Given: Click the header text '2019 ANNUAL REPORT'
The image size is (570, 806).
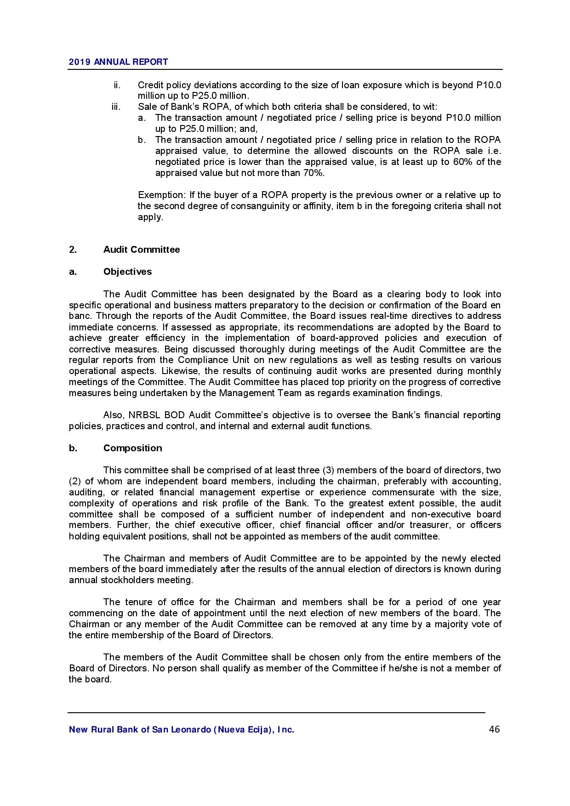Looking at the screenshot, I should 118,62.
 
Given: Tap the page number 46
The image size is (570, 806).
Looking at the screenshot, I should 494,729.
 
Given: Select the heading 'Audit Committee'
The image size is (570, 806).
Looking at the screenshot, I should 142,250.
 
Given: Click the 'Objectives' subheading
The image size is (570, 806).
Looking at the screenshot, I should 127,272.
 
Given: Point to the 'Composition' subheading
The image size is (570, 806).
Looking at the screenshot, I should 132,448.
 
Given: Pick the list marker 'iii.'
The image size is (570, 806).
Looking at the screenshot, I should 116,107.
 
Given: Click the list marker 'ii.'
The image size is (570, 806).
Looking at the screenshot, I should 117,85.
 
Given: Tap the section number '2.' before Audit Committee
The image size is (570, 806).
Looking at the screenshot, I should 73,250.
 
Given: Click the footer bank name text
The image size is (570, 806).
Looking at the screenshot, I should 181,729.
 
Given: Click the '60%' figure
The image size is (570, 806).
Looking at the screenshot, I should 462,162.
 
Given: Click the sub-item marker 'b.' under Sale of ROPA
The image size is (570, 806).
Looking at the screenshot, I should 142,140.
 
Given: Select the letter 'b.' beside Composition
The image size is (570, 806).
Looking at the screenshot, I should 73,448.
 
